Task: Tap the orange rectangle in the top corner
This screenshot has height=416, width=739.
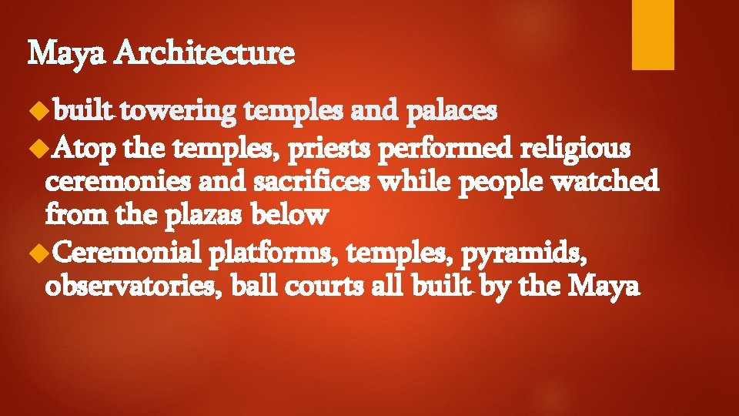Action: click(x=653, y=34)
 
